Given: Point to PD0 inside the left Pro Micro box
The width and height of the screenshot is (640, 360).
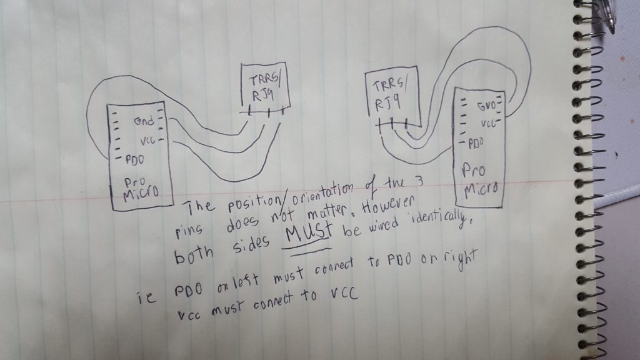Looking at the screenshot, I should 135,160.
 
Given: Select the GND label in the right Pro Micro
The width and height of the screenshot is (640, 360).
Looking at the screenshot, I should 487,106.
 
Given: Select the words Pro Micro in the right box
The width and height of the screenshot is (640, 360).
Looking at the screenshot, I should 479,178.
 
